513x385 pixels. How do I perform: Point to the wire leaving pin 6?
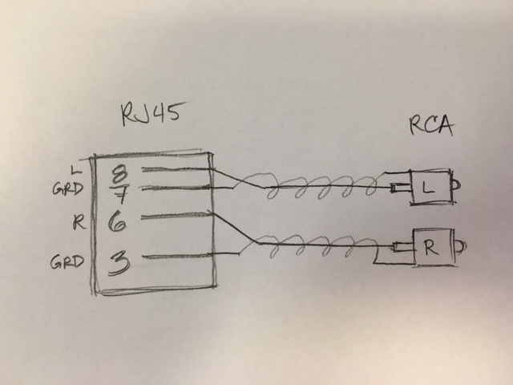(x=176, y=216)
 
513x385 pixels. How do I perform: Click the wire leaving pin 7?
(x=176, y=188)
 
